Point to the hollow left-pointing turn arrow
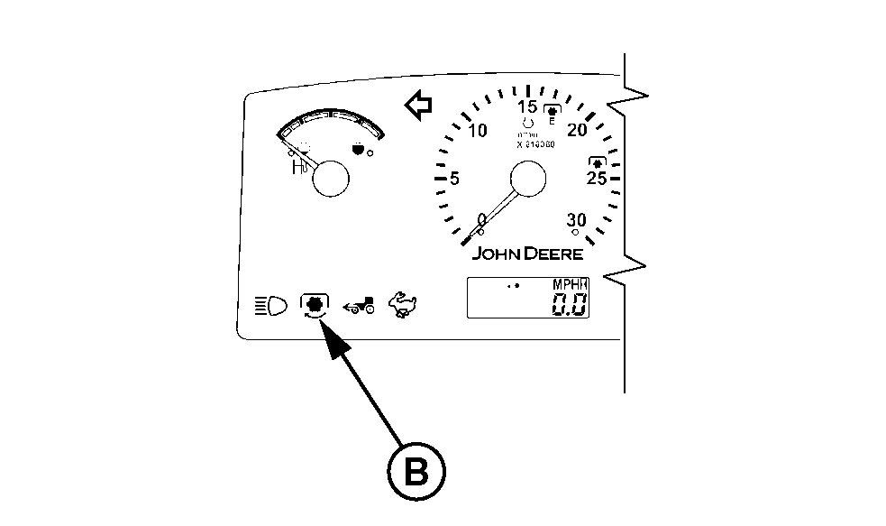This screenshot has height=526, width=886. (x=418, y=106)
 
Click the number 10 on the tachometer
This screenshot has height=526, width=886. (x=478, y=131)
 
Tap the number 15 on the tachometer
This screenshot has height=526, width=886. (x=528, y=106)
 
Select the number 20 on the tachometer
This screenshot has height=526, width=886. (x=578, y=131)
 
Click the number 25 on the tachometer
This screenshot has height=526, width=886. (x=597, y=179)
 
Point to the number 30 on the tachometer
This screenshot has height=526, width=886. (x=576, y=221)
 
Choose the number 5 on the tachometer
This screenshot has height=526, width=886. (x=454, y=179)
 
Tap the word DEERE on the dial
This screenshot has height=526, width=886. (x=554, y=254)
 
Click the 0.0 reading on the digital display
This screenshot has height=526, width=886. (x=569, y=304)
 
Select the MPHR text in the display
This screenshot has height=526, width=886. (x=569, y=284)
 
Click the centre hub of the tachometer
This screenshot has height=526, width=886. (x=528, y=180)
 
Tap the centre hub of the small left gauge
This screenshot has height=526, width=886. (x=329, y=178)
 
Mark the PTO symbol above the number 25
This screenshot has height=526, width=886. (x=596, y=161)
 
